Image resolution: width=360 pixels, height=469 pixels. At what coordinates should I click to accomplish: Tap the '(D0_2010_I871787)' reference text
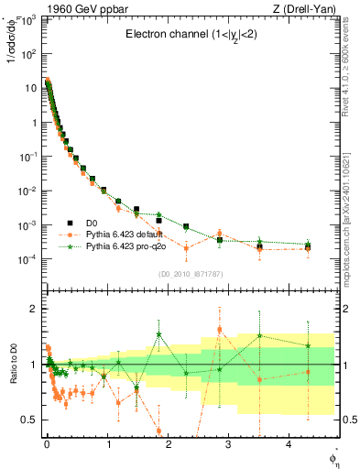(190, 274)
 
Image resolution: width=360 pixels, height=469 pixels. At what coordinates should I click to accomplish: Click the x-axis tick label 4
(289, 444)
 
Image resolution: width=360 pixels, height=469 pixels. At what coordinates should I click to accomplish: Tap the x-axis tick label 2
(167, 444)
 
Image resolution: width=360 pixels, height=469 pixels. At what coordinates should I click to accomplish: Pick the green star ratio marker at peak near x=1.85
(159, 334)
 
